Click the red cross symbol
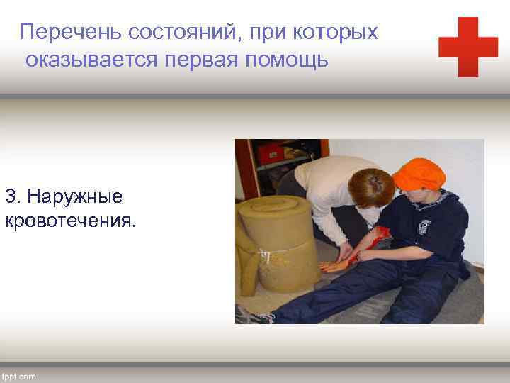[467, 47]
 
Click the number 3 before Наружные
[10, 195]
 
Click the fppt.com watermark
[19, 375]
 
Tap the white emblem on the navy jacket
[424, 227]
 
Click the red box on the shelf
[269, 152]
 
